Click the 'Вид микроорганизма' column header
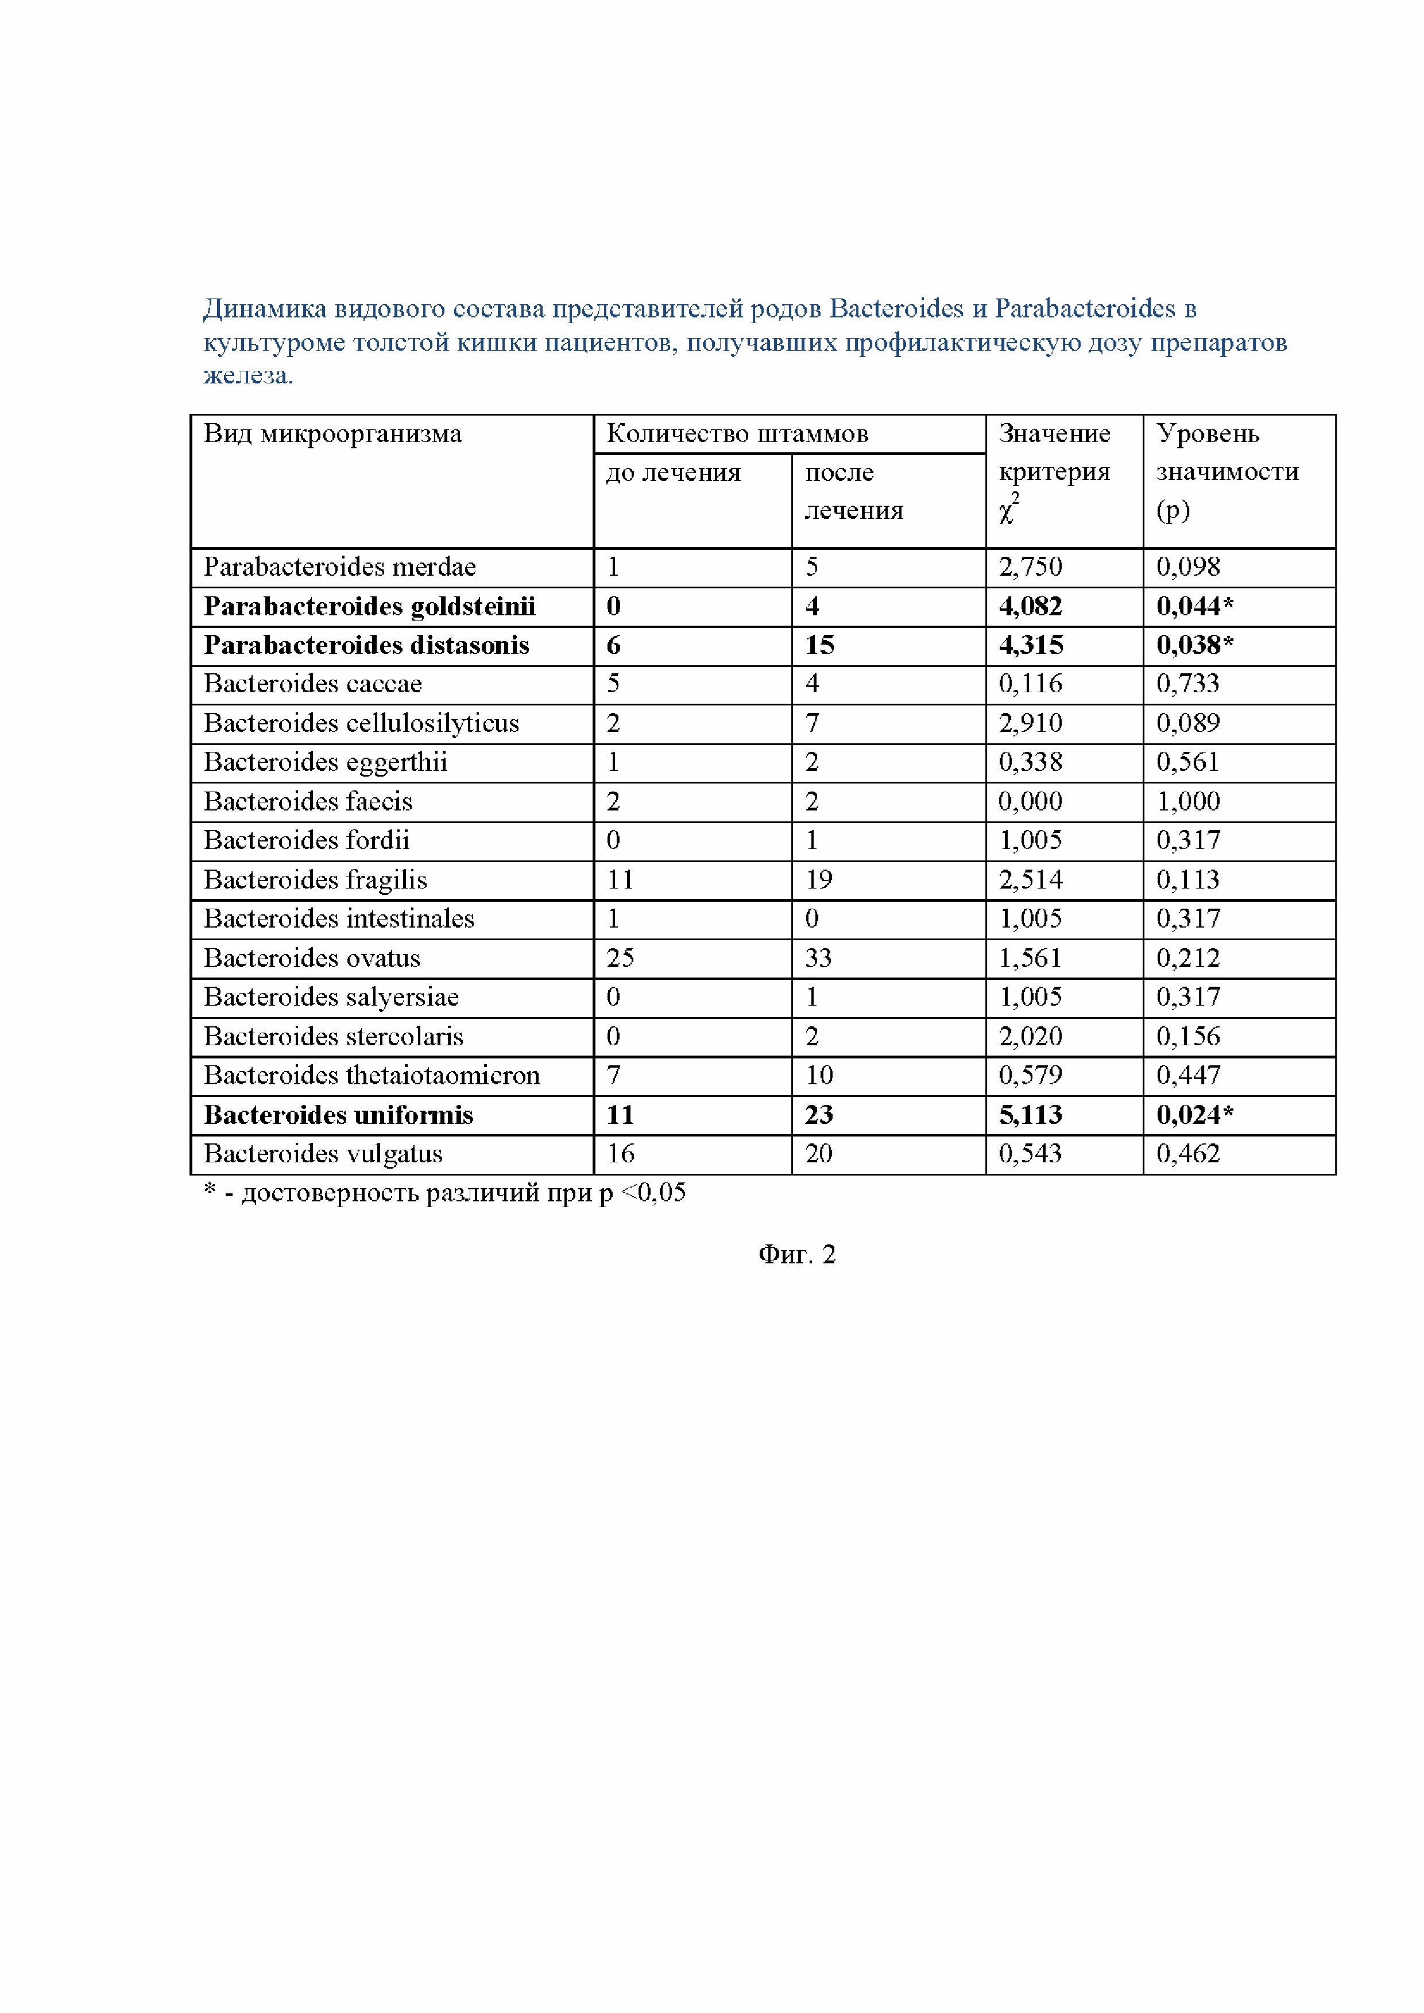click(x=332, y=434)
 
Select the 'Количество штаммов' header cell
click(x=737, y=434)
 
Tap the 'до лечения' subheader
click(x=674, y=472)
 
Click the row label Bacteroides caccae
click(x=312, y=684)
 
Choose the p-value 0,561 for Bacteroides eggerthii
click(x=1187, y=762)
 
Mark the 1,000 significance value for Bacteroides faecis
click(x=1187, y=801)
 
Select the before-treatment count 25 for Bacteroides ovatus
click(x=620, y=958)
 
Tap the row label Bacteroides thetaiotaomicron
click(x=372, y=1076)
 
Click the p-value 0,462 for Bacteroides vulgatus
click(x=1187, y=1154)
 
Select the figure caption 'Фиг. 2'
click(x=796, y=1255)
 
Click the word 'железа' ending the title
click(x=246, y=375)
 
